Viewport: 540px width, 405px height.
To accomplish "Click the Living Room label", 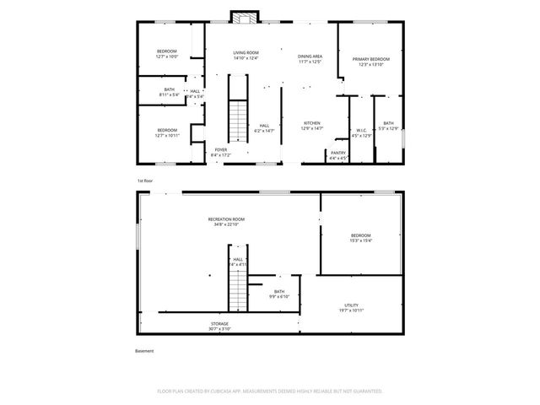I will click(246, 52).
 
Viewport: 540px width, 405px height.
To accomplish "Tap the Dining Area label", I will click(310, 57).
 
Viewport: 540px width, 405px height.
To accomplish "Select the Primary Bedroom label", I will click(371, 59).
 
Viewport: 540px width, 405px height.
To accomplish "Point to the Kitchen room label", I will click(312, 123).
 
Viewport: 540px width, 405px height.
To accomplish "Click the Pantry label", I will click(337, 153).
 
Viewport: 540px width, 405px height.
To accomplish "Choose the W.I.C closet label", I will click(361, 130).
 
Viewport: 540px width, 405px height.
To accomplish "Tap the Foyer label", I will click(220, 149).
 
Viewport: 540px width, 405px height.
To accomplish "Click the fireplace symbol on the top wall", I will click(246, 17).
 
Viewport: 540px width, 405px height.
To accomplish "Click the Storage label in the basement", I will click(219, 323).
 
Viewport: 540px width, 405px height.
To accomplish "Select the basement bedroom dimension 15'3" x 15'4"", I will click(360, 240).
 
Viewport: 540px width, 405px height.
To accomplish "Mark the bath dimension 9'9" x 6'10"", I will click(278, 296).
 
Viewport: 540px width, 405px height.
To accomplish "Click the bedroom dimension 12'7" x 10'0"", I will click(166, 57).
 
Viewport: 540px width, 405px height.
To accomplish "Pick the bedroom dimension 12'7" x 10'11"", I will click(166, 135).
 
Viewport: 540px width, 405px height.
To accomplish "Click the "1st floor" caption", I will click(145, 181).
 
